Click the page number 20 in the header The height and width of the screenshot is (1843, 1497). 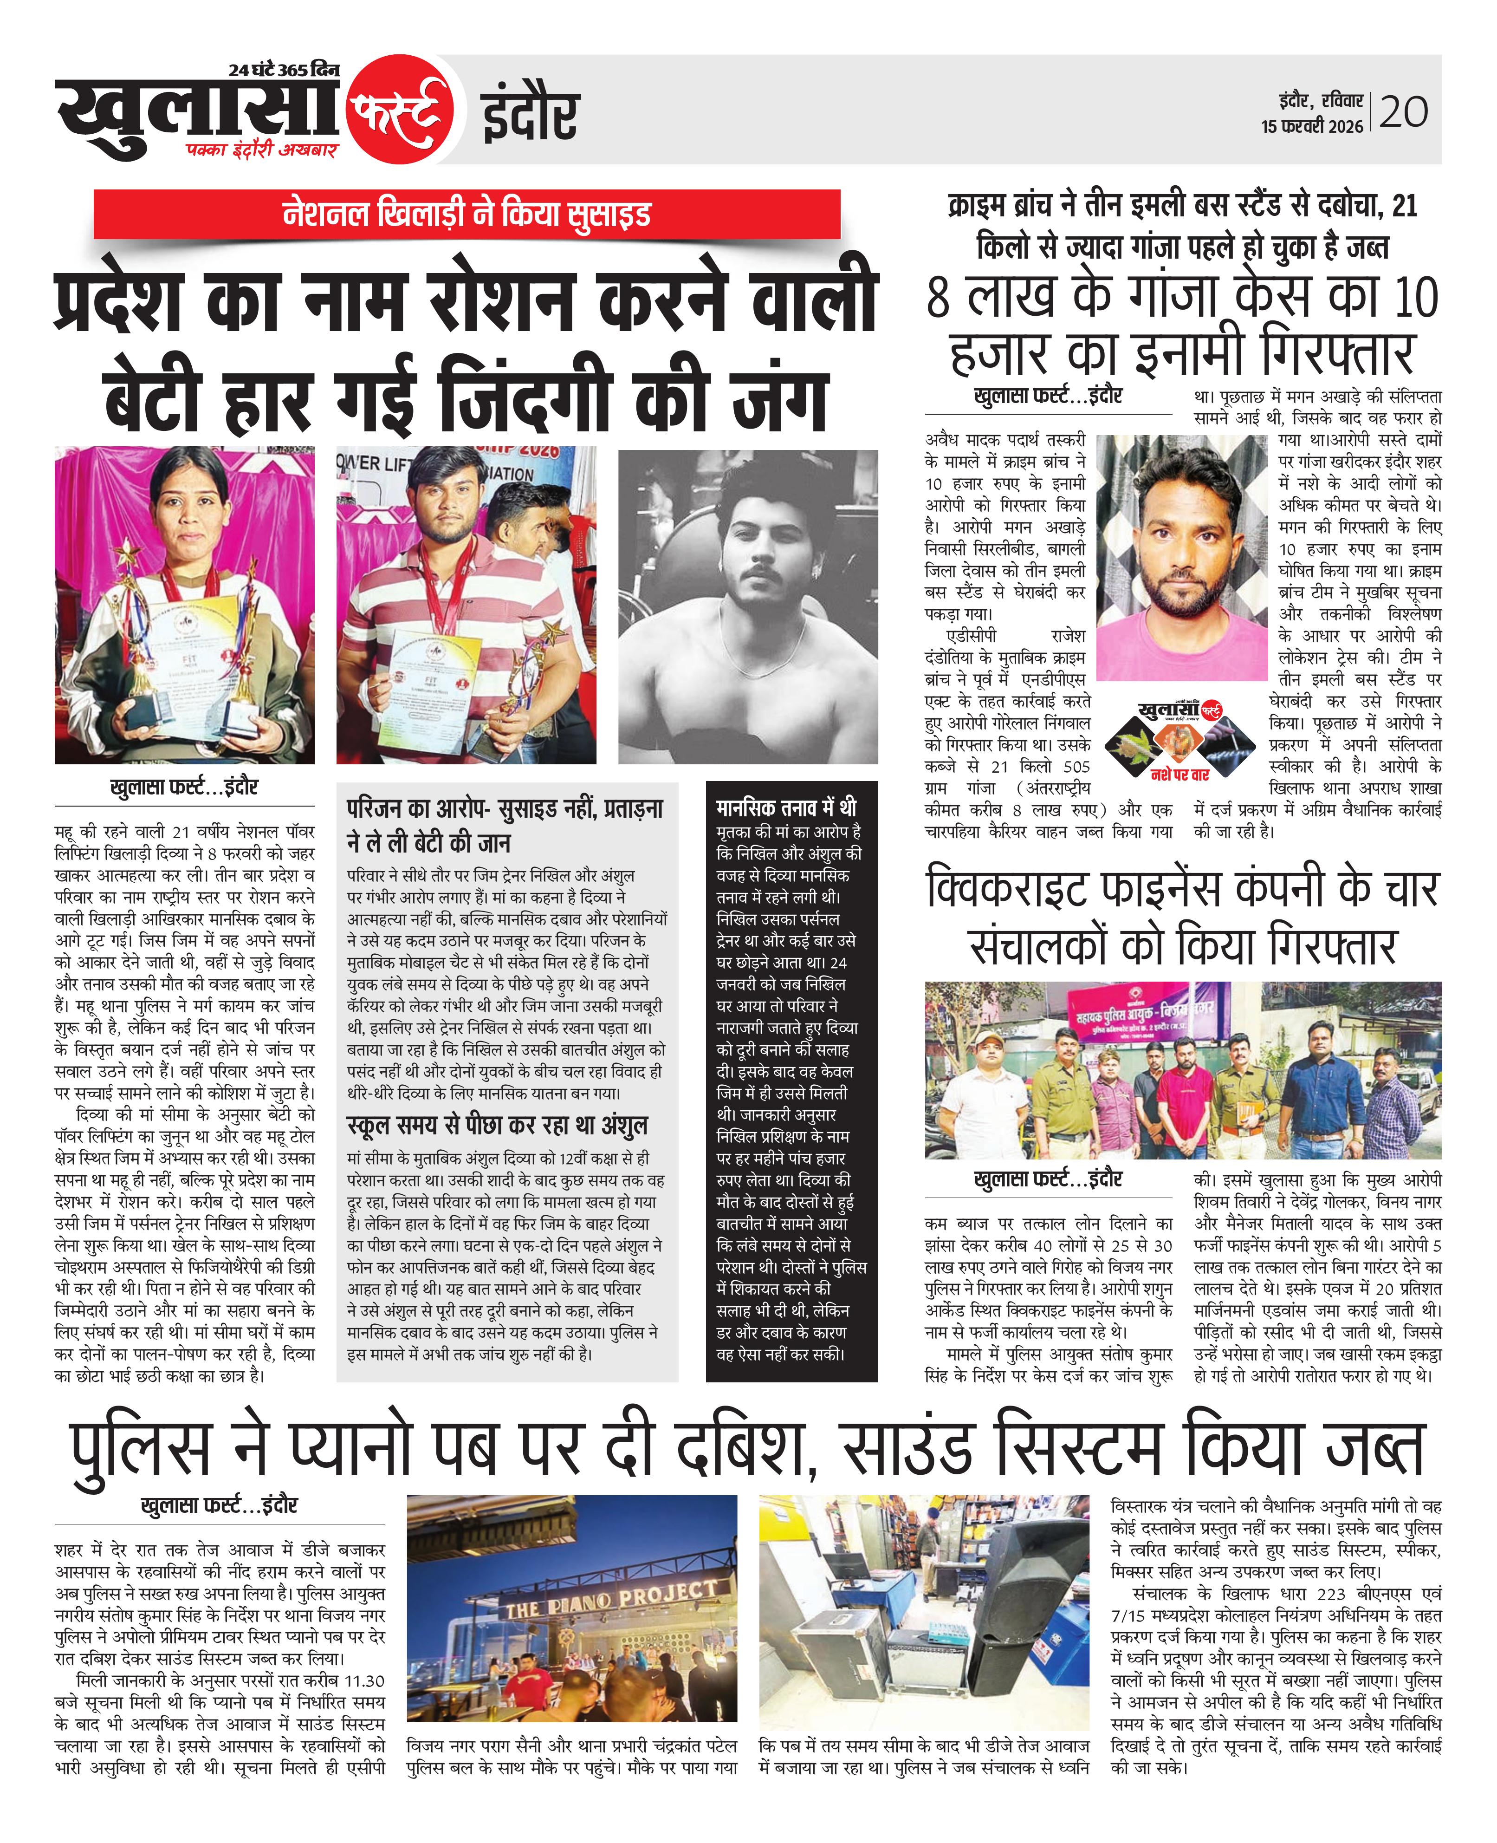click(1404, 111)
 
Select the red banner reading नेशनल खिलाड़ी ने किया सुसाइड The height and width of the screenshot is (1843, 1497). click(467, 214)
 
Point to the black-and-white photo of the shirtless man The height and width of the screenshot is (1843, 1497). click(748, 606)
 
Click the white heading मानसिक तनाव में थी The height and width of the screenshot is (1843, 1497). click(785, 807)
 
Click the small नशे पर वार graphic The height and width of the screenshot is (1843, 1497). click(1179, 741)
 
